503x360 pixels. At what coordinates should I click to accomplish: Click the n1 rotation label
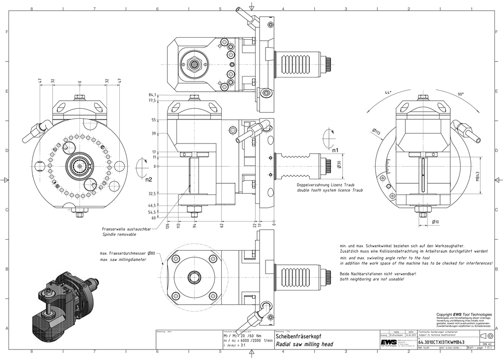[336, 150]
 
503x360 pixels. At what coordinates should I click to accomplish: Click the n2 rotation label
[148, 179]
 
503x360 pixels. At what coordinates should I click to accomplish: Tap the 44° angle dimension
[388, 93]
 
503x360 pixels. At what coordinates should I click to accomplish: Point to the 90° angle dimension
[461, 94]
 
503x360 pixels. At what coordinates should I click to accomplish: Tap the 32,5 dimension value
[152, 193]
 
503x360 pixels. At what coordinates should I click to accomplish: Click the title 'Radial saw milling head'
[304, 344]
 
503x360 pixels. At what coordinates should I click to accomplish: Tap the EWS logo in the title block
[386, 341]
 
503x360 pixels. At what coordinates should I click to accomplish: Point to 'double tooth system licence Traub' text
[329, 191]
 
